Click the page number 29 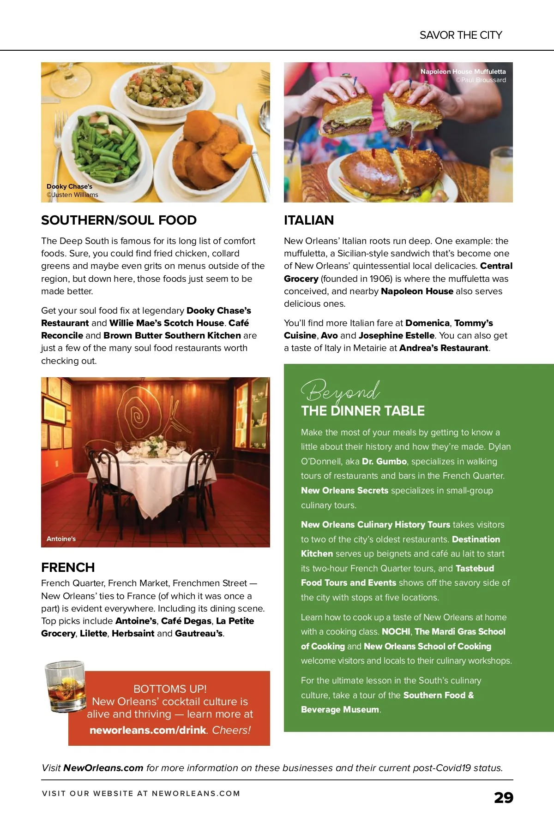click(x=503, y=797)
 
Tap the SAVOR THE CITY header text click(x=461, y=35)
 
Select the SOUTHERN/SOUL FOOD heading click(x=119, y=220)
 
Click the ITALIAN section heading click(x=308, y=220)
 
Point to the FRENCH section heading click(x=68, y=567)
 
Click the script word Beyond click(x=340, y=392)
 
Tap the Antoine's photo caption click(x=61, y=539)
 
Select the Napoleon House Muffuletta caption click(x=463, y=71)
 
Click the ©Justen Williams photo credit click(x=72, y=195)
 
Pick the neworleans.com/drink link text click(x=148, y=730)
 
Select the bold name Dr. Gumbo click(x=384, y=461)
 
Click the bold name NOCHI click(x=396, y=631)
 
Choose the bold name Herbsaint click(x=133, y=633)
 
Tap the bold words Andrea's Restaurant click(x=443, y=348)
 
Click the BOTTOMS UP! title click(x=170, y=689)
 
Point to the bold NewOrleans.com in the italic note click(x=103, y=768)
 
